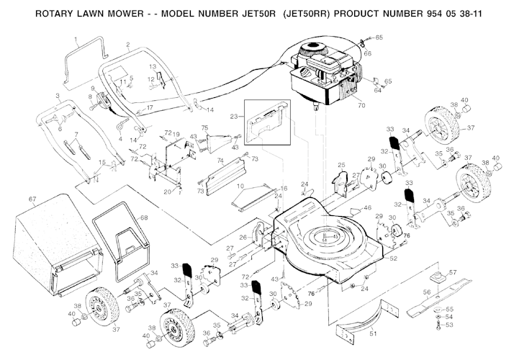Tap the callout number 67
click(32, 199)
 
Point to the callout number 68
click(143, 217)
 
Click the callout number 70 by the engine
click(361, 106)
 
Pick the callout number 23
click(233, 116)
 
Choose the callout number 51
click(373, 333)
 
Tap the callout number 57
click(453, 272)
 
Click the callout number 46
click(368, 208)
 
